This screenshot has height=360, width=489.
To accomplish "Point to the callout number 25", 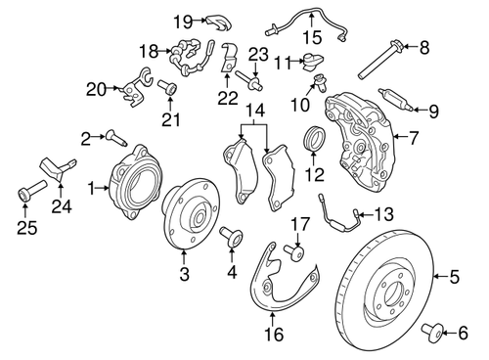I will coord(25,227).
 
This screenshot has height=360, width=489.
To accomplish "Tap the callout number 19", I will coord(183,20).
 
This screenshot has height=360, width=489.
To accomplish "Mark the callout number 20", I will coord(96,89).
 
